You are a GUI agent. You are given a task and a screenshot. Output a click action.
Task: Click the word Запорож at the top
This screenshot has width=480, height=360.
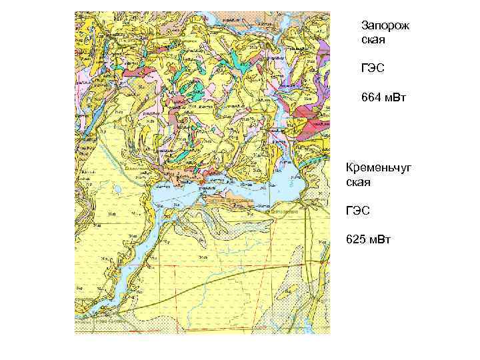click(385, 25)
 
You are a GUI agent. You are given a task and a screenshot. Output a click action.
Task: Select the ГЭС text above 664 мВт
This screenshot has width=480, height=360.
click(373, 69)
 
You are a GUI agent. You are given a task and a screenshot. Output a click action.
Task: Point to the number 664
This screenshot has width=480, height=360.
click(371, 98)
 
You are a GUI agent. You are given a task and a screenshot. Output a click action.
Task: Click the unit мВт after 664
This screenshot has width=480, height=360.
click(395, 98)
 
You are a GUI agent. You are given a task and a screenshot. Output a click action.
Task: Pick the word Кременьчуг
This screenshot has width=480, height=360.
click(379, 167)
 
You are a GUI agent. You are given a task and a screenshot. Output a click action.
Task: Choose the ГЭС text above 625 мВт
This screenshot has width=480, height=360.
click(359, 211)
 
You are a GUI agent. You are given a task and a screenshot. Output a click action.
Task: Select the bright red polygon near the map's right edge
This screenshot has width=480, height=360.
click(309, 123)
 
